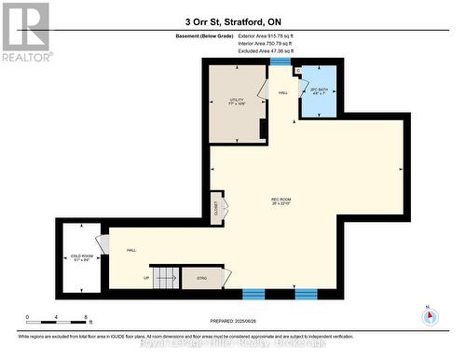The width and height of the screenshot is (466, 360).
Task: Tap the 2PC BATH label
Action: [319, 91]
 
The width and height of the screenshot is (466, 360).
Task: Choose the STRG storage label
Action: [201, 277]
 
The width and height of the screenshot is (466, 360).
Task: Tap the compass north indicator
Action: [430, 314]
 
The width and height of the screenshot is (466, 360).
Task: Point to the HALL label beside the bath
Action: [283, 93]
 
